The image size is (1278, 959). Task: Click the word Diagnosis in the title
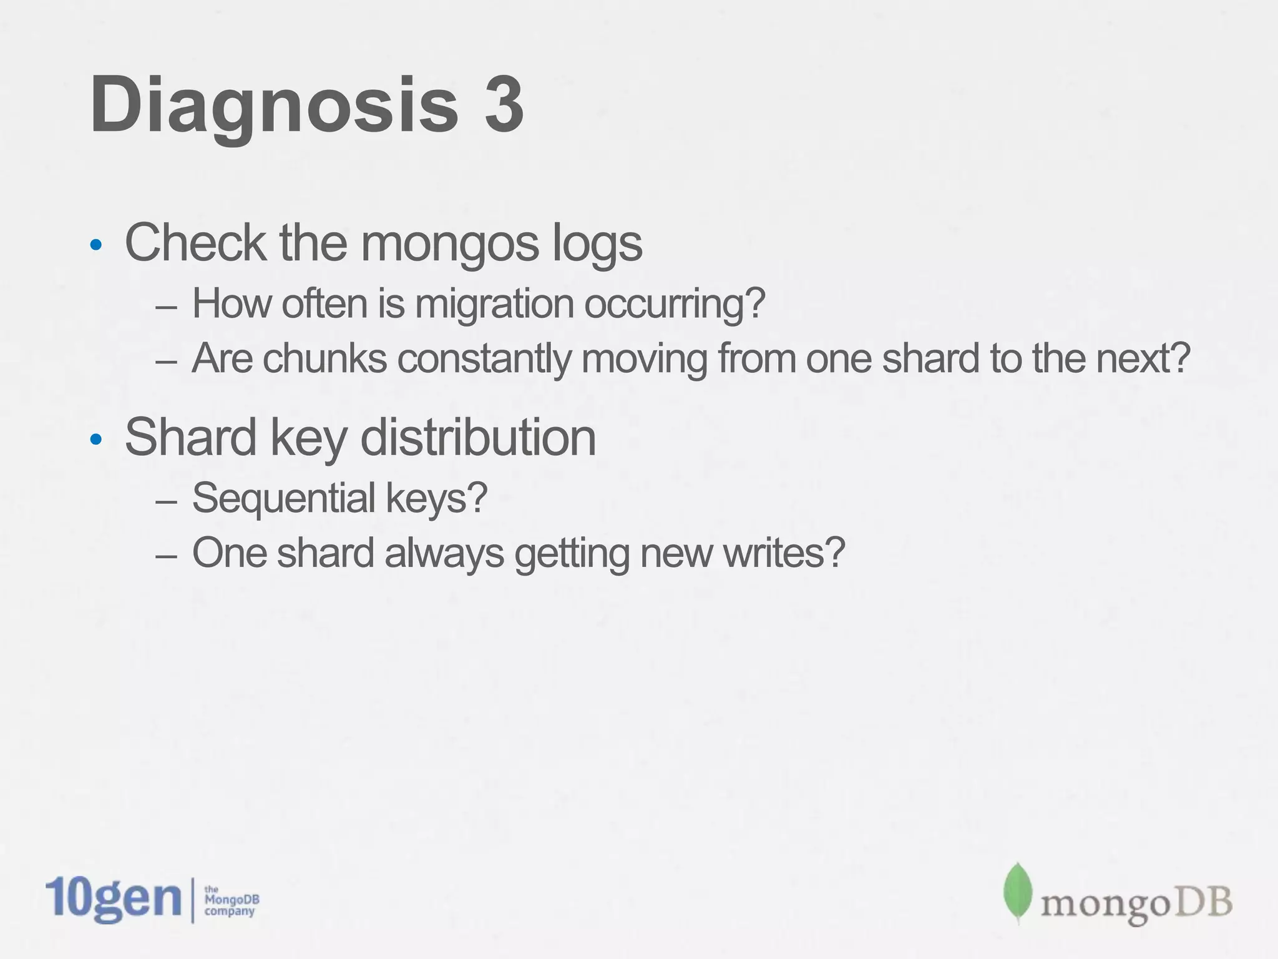[x=275, y=105]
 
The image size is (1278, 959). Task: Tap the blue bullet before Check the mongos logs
[x=95, y=245]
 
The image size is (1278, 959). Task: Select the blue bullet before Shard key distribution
[x=95, y=440]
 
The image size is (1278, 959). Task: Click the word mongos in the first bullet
[x=449, y=243]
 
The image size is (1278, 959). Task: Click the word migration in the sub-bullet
[x=494, y=304]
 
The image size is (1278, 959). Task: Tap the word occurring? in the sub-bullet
[x=674, y=304]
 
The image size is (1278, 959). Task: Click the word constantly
[x=484, y=360]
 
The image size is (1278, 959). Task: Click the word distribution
[x=478, y=437]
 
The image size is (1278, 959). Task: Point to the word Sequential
[x=284, y=499]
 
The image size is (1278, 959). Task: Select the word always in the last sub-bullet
[x=444, y=554]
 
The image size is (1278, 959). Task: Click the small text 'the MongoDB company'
[x=231, y=900]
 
